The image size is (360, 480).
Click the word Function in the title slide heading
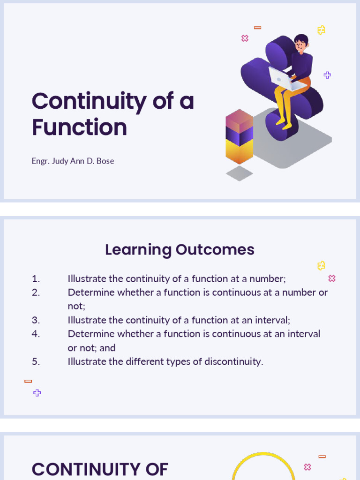coord(79,127)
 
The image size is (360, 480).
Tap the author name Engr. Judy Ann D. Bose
coord(73,161)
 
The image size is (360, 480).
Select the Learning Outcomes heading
coord(180,249)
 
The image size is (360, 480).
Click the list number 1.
coord(36,279)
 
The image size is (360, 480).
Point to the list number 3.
coord(36,320)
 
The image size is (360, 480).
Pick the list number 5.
coord(36,361)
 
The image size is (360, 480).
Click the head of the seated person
coord(300,43)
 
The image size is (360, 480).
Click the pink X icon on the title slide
coord(245,38)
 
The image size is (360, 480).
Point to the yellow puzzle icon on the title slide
coord(321,30)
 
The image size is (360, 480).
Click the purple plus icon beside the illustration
coord(327,75)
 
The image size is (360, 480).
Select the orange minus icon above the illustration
coord(257,28)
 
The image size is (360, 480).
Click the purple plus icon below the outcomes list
coord(37,393)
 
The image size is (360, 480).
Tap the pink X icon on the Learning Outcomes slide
coord(332,278)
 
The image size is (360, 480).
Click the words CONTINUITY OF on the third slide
coord(100,469)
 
